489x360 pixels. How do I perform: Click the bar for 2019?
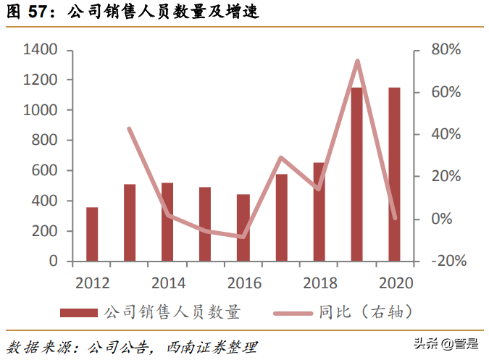pyautogui.click(x=356, y=174)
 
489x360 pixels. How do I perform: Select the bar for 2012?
pyautogui.click(x=92, y=234)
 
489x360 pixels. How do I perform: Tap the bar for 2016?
pyautogui.click(x=243, y=227)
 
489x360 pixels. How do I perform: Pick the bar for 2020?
pyautogui.click(x=394, y=174)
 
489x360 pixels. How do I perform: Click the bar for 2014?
pyautogui.click(x=167, y=222)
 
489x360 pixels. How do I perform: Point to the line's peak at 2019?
pyautogui.click(x=357, y=61)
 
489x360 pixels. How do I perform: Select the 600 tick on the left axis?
pyautogui.click(x=44, y=170)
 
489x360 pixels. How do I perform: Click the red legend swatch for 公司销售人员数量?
pyautogui.click(x=78, y=313)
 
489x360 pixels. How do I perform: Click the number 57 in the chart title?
pyautogui.click(x=38, y=12)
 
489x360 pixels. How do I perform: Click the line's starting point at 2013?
pyautogui.click(x=130, y=129)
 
